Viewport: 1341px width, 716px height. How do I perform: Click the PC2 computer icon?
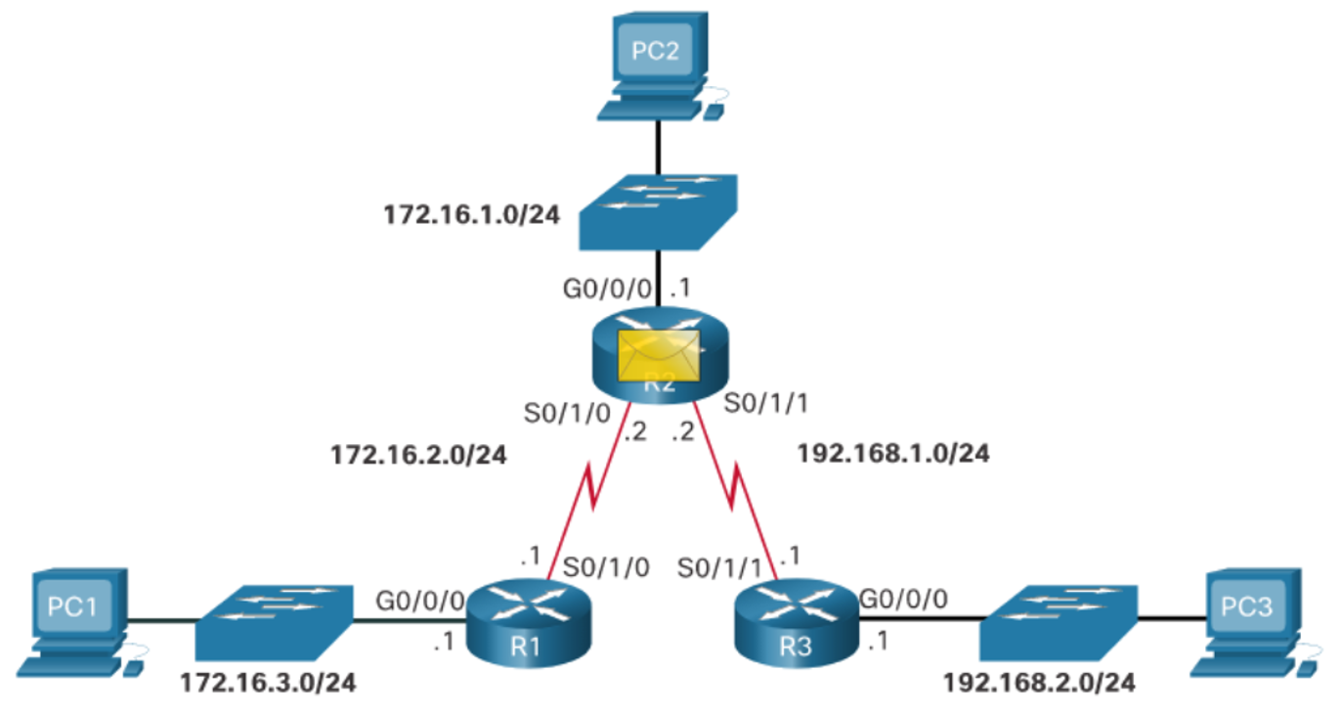[x=659, y=66]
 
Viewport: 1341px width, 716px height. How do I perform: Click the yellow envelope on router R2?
[x=659, y=356]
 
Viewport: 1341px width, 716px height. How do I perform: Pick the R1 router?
[x=528, y=623]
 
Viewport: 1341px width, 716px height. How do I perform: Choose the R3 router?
[x=797, y=623]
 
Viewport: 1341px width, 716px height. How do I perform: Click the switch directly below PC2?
[x=658, y=212]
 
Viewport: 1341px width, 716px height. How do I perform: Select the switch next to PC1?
[x=275, y=622]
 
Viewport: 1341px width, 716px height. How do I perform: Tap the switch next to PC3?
[x=1059, y=622]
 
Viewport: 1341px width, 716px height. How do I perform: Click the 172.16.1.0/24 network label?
[x=472, y=215]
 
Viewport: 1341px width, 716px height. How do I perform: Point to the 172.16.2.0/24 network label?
[x=419, y=456]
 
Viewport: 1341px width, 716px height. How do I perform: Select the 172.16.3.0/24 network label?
[x=268, y=683]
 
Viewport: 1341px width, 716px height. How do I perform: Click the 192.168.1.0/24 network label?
[x=893, y=454]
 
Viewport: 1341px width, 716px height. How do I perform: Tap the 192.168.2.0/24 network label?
[x=1040, y=683]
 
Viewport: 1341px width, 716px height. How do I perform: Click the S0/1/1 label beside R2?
[x=766, y=403]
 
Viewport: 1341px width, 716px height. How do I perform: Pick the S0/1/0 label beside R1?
[x=606, y=567]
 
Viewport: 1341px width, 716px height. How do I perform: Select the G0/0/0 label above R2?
[x=607, y=290]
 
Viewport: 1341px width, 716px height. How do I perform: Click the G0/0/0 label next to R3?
[x=903, y=599]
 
